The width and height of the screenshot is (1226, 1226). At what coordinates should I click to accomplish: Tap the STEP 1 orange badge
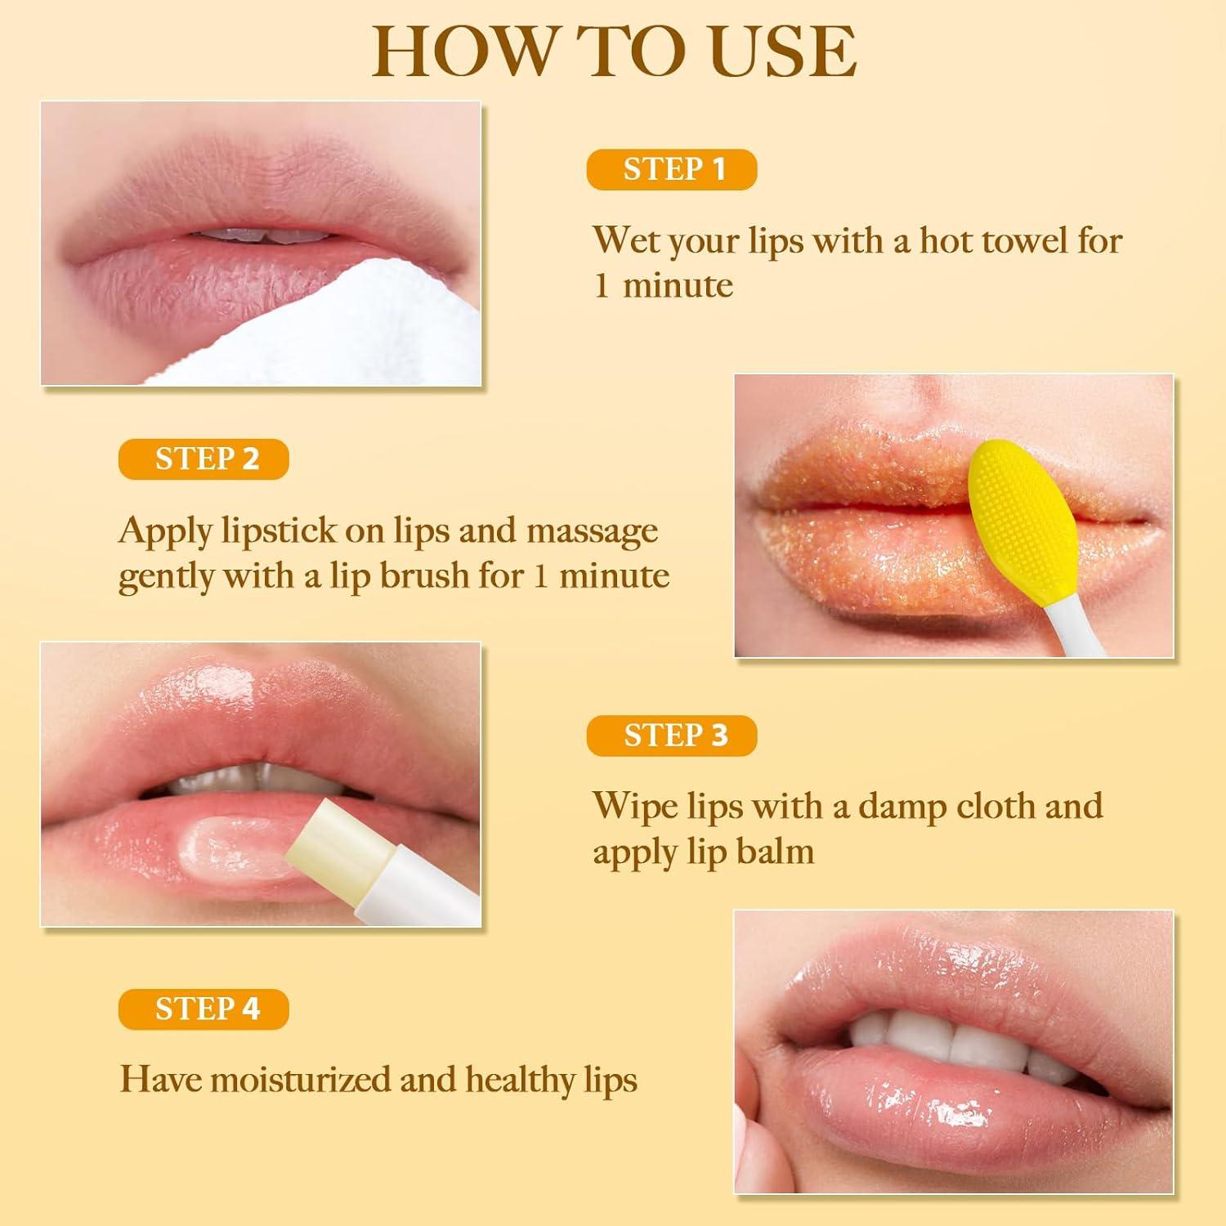point(672,169)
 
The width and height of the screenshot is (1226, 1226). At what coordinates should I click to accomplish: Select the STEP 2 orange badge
point(204,459)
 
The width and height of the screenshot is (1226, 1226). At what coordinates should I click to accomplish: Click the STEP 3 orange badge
point(672,736)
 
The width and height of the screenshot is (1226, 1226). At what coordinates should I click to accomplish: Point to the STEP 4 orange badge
point(204,1009)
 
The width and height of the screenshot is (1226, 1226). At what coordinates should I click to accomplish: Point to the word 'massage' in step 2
point(592,531)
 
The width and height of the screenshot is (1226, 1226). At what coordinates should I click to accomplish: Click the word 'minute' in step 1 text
point(678,286)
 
